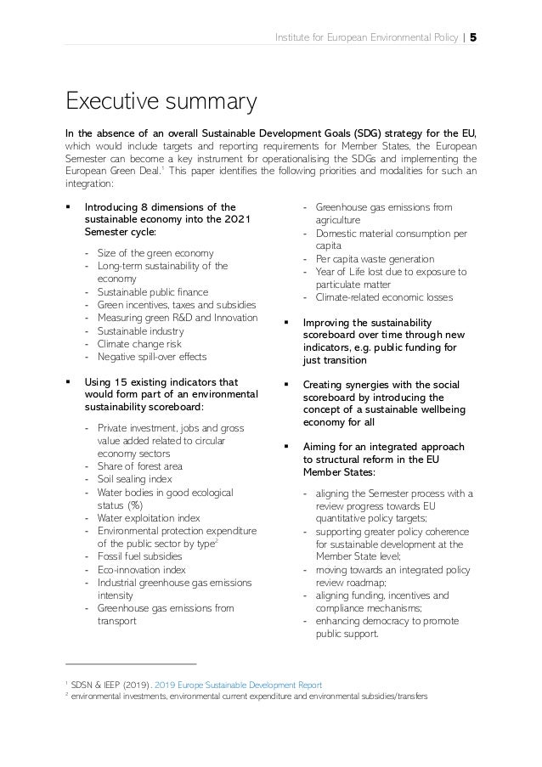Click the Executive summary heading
tap(161, 103)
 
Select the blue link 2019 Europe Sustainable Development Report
tap(244, 683)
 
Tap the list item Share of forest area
tap(139, 465)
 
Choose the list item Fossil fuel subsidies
tap(139, 556)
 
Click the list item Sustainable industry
tap(136, 330)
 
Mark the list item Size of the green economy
tap(155, 253)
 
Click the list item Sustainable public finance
tap(150, 291)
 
